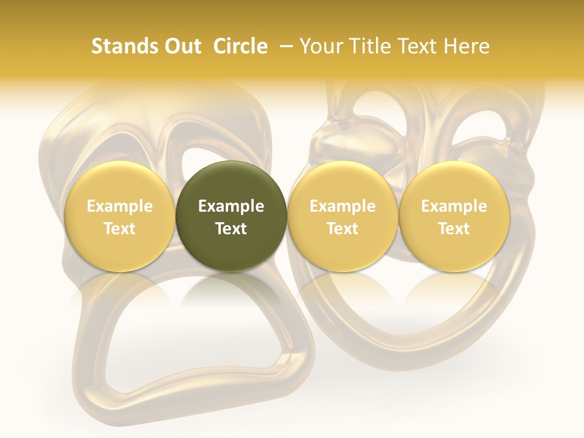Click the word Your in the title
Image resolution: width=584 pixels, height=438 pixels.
tap(320, 46)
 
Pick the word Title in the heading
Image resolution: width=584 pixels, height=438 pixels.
tap(369, 46)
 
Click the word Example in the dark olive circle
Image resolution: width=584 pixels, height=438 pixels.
tap(231, 206)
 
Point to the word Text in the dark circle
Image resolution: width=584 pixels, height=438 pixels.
tap(231, 229)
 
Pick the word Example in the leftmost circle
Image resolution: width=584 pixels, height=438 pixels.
tap(120, 206)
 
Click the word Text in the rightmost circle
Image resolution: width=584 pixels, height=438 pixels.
tap(454, 229)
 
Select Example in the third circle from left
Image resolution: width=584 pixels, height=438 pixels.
tap(342, 206)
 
